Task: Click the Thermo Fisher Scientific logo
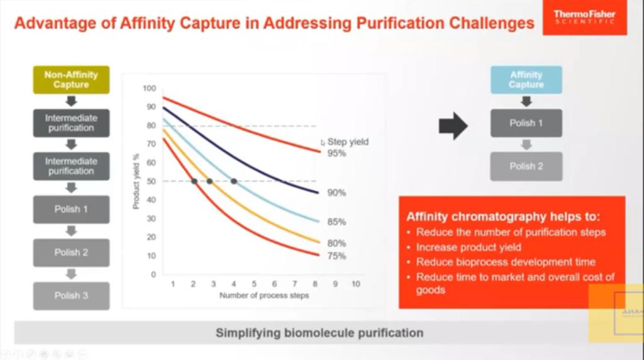584,18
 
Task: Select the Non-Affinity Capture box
71,80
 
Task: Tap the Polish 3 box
71,296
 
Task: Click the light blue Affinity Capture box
526,80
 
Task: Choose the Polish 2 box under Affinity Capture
526,167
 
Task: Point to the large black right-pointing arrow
453,126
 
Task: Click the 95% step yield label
336,153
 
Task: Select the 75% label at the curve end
336,256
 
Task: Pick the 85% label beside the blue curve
336,222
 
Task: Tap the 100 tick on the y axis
148,88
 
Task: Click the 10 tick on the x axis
355,284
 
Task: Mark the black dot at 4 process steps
234,181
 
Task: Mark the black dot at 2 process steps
194,181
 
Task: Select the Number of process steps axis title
264,296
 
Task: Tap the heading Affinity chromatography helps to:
504,217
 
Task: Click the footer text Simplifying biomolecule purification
319,332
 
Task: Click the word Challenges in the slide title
491,24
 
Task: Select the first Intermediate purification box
71,123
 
